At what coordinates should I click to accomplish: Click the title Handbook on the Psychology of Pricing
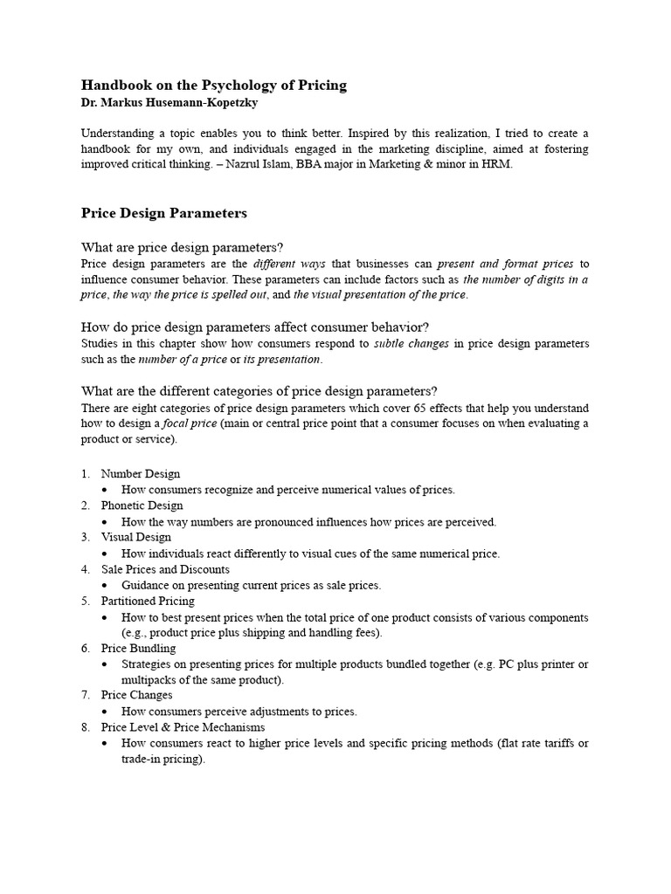coord(214,85)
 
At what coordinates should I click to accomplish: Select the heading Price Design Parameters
coord(164,212)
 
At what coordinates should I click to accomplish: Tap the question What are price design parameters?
coord(182,247)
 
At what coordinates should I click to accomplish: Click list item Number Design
coord(141,474)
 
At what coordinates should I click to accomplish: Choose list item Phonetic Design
coord(142,505)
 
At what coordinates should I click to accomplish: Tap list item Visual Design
coord(136,537)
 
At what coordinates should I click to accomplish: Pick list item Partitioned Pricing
coord(148,601)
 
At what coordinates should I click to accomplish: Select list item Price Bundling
coord(138,648)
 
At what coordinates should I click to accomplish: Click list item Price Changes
coord(136,695)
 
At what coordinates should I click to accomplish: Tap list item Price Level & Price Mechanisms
coord(183,726)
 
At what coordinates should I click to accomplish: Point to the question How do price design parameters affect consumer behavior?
coord(255,327)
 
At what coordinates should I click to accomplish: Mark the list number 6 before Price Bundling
coord(85,648)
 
